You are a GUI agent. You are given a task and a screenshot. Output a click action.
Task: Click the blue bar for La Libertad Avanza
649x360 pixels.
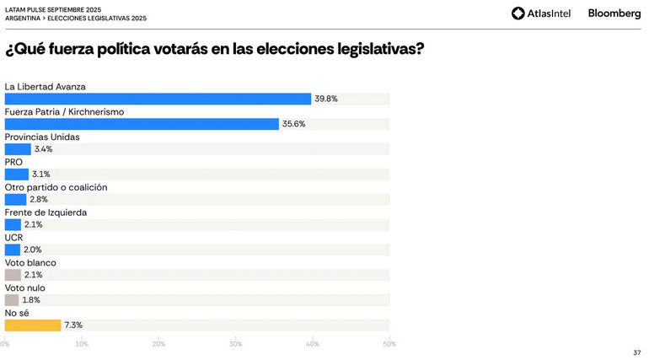point(158,99)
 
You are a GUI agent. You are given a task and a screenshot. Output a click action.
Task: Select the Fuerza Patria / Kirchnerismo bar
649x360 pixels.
point(142,124)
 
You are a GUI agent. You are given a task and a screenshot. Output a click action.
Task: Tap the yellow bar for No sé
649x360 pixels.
point(33,325)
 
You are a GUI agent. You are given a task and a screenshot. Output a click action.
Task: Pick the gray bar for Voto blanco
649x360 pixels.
point(12,275)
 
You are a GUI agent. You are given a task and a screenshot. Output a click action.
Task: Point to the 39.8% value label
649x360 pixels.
point(326,99)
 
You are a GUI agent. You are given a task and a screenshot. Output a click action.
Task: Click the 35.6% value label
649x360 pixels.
point(293,124)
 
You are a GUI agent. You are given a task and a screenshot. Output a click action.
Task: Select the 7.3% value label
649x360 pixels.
point(73,325)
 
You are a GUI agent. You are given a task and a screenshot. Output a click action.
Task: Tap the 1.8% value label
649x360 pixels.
point(31,300)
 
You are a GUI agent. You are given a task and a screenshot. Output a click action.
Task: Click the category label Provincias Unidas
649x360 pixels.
point(41,137)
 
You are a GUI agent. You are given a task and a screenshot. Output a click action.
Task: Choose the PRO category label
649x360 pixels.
point(13,162)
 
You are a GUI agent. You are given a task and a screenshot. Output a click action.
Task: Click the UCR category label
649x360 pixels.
point(13,238)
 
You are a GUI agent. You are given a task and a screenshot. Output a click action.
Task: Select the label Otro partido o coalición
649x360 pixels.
point(56,187)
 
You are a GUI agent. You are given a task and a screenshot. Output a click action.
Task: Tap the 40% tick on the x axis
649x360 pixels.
point(313,344)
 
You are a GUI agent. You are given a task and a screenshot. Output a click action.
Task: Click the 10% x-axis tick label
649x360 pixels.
point(82,344)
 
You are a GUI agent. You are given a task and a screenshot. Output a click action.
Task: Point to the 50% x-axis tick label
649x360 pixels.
point(389,344)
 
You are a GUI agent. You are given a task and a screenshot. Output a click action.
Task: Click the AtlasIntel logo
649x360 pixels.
point(542,13)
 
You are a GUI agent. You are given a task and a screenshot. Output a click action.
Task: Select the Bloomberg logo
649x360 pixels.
point(614,13)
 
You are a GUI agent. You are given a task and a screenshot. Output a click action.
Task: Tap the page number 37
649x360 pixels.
point(636,352)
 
